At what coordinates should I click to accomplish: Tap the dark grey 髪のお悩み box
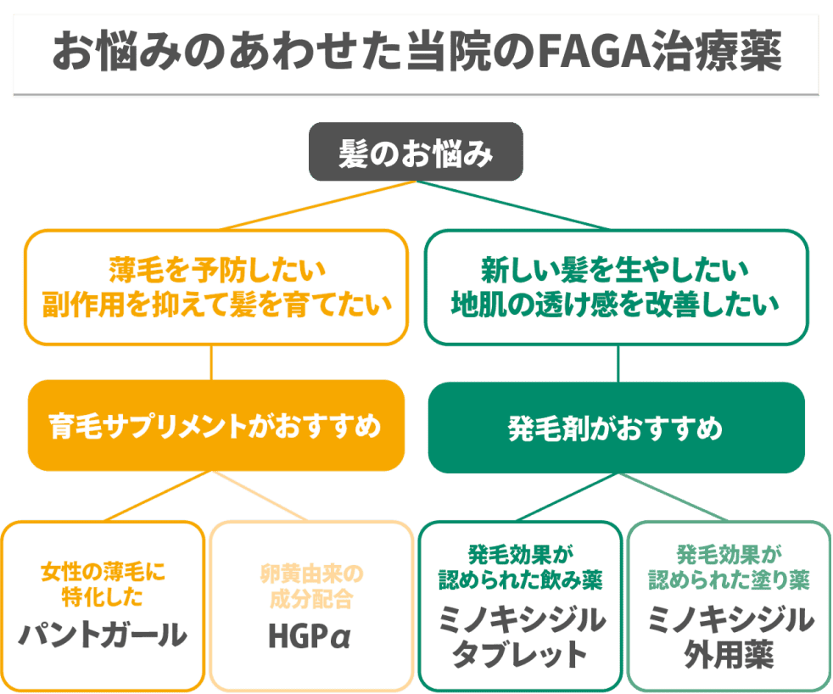[415, 152]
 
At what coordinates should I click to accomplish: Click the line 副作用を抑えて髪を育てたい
[211, 303]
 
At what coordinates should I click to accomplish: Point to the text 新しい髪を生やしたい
[615, 271]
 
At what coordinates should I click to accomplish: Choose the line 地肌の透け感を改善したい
[615, 303]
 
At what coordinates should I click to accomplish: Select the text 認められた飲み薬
[520, 581]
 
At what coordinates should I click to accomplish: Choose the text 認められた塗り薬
[729, 581]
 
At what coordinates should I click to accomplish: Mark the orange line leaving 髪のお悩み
[314, 206]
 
